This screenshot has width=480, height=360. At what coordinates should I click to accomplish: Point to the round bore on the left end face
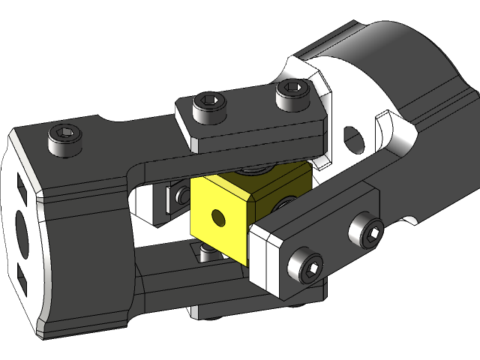point(20,235)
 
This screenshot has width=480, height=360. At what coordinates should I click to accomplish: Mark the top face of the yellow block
point(251,178)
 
